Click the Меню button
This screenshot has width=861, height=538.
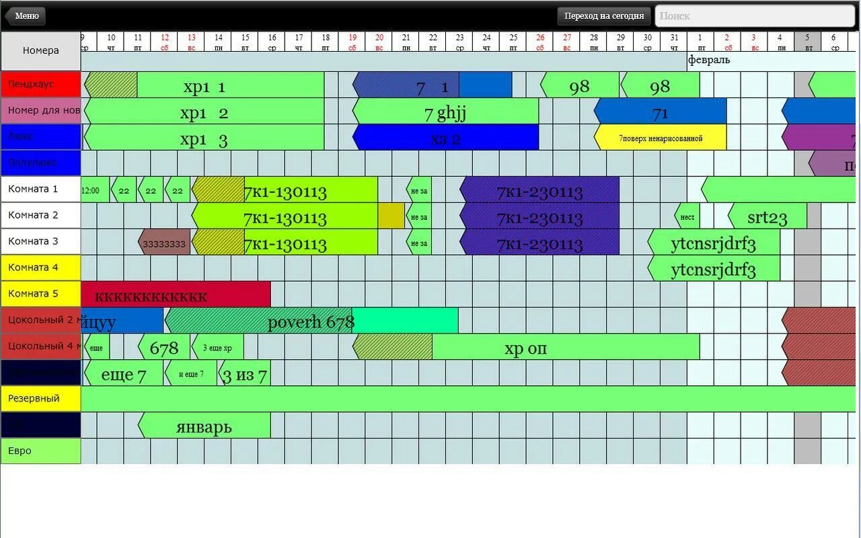(x=26, y=15)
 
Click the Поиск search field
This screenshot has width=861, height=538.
(x=755, y=15)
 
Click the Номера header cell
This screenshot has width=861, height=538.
(x=40, y=50)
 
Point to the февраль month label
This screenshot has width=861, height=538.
(x=708, y=60)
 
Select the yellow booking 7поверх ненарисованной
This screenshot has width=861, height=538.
(x=661, y=138)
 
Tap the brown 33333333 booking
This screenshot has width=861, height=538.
(x=165, y=243)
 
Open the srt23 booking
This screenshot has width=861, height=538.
(x=768, y=217)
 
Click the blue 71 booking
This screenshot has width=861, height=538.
(x=661, y=112)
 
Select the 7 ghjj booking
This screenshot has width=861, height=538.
(x=445, y=112)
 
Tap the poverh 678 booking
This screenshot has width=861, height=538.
(x=311, y=321)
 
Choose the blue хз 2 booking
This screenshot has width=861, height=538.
(x=445, y=138)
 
